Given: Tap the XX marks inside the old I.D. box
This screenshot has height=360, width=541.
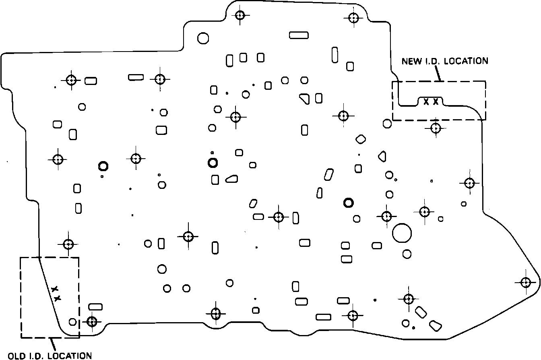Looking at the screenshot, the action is click(56, 294).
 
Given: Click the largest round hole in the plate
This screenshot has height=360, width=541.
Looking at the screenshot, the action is click(402, 233).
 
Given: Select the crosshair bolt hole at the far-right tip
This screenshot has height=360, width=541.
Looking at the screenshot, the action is click(525, 282).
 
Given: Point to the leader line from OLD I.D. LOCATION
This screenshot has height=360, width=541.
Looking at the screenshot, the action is click(52, 344).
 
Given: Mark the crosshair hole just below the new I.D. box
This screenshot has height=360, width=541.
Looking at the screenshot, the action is click(436, 128).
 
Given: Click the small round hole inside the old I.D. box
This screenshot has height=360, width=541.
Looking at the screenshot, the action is click(72, 322).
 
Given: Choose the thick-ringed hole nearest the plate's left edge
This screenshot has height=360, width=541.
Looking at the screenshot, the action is click(103, 166).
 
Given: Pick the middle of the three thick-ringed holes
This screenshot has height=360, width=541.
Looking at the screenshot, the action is click(213, 163).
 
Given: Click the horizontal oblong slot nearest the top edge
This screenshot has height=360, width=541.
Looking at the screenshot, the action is click(299, 35).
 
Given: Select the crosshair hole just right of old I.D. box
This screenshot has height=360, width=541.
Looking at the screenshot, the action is click(92, 321).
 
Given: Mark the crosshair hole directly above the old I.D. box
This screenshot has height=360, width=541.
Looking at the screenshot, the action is click(68, 244).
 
